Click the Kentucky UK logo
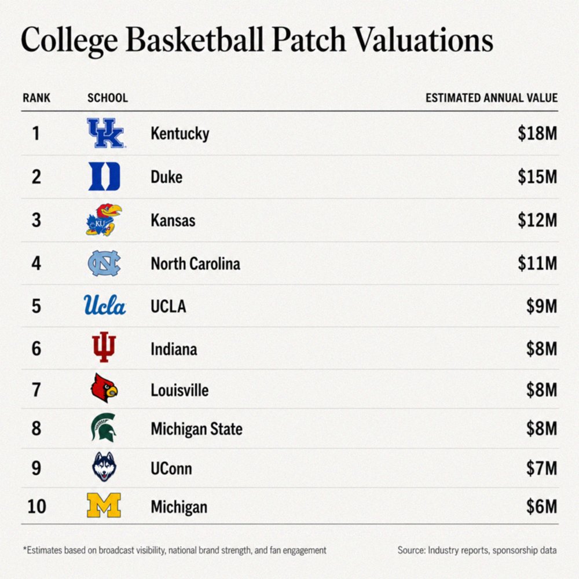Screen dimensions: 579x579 (105, 133)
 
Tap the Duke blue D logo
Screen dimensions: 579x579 (104, 176)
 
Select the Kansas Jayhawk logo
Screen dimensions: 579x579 (104, 219)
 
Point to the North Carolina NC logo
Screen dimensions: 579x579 (104, 263)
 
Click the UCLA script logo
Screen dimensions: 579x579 (105, 305)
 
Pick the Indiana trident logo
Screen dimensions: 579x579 (104, 347)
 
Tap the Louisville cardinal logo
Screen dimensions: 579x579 (104, 388)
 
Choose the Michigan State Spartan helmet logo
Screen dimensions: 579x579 (104, 427)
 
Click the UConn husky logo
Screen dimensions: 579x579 (104, 467)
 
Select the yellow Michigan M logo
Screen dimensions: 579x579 (104, 505)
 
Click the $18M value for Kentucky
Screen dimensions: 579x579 (537, 133)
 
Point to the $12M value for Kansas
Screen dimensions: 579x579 (537, 220)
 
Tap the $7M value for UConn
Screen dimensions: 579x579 (542, 468)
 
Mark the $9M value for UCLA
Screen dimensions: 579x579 (542, 306)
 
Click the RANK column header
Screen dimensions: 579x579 (36, 98)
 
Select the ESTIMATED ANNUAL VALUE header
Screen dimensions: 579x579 (492, 98)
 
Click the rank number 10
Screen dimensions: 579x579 (37, 506)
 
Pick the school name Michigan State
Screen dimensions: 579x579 (196, 429)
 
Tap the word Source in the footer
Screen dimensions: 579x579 (411, 550)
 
